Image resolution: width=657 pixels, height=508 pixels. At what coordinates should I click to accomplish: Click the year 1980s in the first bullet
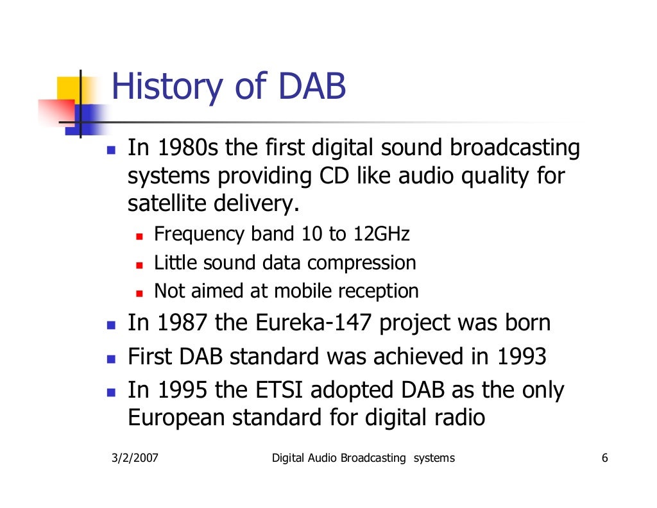coord(187,149)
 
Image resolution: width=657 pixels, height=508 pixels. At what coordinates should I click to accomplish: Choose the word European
coord(176,418)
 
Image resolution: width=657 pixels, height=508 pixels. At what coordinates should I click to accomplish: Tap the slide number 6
coord(605,458)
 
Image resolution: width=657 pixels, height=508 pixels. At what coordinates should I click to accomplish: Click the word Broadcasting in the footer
coord(373,458)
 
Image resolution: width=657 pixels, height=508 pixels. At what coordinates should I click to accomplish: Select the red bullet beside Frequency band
coord(139,236)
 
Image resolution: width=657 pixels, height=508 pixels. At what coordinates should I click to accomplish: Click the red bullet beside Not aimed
coord(139,293)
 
